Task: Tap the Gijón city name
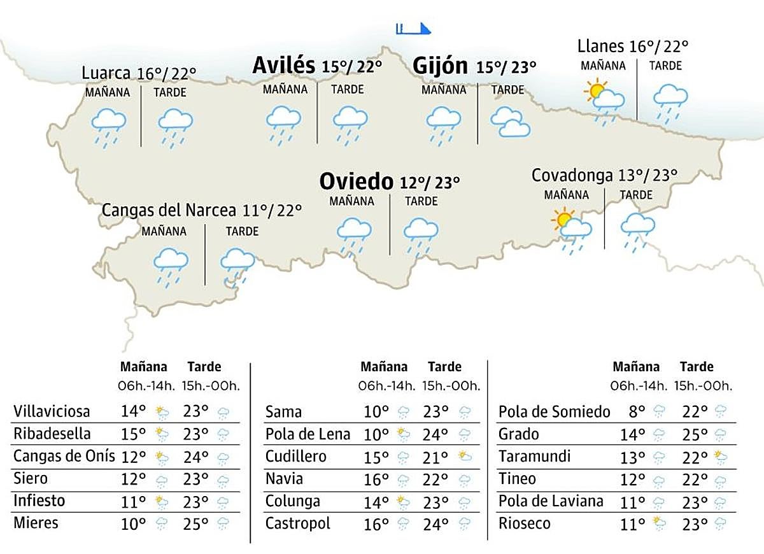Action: click(441, 66)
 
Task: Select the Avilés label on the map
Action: click(283, 65)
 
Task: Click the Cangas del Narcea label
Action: click(169, 210)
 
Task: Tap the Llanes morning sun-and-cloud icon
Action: click(604, 98)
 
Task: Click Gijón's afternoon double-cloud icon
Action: click(510, 122)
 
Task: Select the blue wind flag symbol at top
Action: click(413, 29)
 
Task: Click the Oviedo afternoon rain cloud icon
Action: click(420, 235)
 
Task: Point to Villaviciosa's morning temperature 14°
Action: click(133, 412)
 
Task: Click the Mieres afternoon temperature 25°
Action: click(195, 523)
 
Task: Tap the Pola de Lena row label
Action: click(308, 434)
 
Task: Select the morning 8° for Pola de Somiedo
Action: click(637, 412)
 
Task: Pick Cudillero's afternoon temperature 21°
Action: click(435, 457)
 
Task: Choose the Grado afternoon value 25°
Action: click(694, 434)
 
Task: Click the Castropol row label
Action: click(298, 523)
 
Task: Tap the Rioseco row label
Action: click(525, 523)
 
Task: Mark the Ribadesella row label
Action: click(52, 434)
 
